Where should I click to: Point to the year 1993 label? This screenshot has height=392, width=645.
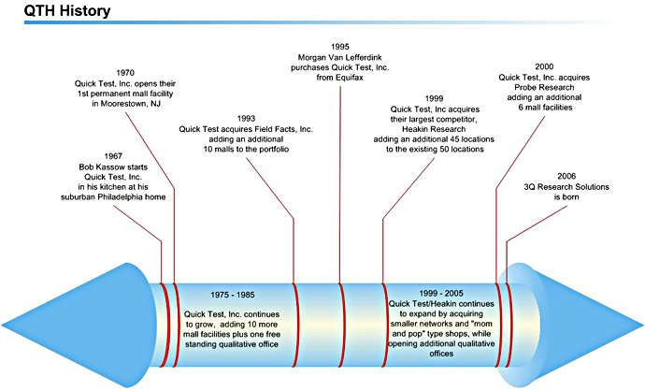[x=247, y=118]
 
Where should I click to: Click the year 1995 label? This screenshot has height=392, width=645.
[x=341, y=46]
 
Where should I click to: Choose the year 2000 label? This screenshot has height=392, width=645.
[x=544, y=66]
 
